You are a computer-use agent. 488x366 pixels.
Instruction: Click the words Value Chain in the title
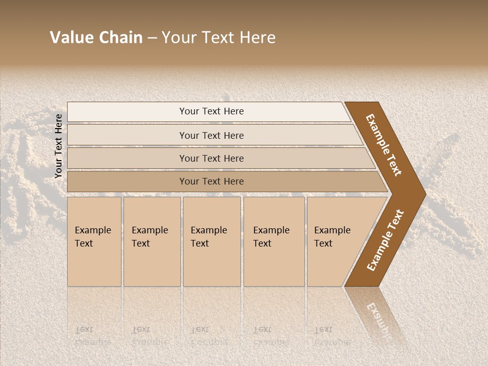coord(96,38)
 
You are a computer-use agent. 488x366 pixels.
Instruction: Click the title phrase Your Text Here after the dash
coord(219,38)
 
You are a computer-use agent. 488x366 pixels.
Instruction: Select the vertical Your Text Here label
coord(58,146)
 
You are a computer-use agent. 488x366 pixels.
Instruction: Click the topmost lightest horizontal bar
coord(211,111)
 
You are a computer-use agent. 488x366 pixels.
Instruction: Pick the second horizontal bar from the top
coord(211,135)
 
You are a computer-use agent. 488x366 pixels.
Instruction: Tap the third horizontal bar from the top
coord(211,158)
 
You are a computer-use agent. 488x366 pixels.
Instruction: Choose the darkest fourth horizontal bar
coord(211,181)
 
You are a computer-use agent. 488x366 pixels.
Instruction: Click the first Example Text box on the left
coord(94,241)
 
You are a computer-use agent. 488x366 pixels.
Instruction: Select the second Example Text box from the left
coord(151,241)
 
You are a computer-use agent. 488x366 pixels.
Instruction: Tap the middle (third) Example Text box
coord(211,241)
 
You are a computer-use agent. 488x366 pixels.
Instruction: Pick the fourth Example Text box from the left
coord(273,241)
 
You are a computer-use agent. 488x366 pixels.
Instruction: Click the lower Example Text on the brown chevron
coord(385,240)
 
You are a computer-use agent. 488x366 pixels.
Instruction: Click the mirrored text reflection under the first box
coord(93,336)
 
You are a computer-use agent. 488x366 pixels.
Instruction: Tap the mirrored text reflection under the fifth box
coord(332,336)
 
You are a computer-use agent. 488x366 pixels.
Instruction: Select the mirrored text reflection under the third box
coord(209,336)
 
